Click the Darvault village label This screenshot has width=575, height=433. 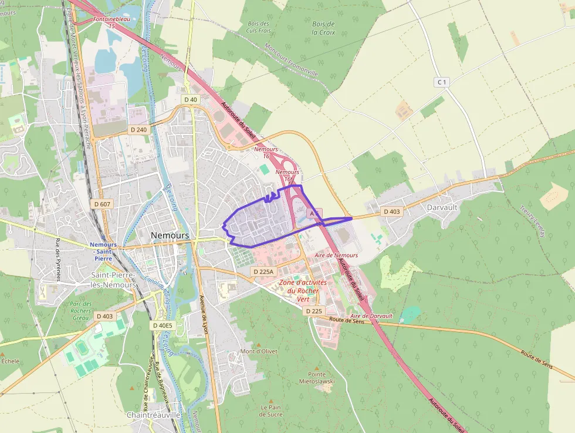(x=443, y=207)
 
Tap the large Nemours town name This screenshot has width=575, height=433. (x=170, y=235)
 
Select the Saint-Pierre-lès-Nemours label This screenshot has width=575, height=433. (x=114, y=280)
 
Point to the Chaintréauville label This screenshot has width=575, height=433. (x=153, y=414)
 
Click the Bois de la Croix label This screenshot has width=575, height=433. (x=323, y=28)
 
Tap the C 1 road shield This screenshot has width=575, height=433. (x=441, y=82)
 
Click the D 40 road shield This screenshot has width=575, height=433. (x=191, y=100)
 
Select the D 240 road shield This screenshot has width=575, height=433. (x=138, y=129)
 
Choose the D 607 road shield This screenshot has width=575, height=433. (x=102, y=204)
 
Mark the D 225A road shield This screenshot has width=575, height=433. (x=263, y=271)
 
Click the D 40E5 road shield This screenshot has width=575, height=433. (x=163, y=325)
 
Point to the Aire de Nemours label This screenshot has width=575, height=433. (x=336, y=256)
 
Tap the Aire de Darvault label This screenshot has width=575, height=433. (x=371, y=316)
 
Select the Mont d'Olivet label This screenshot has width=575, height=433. (x=259, y=351)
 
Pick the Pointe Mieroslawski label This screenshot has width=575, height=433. (x=321, y=377)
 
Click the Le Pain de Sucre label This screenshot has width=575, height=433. (x=271, y=410)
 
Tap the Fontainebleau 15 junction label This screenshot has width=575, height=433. (x=111, y=23)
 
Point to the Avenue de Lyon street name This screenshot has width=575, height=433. (x=205, y=314)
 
